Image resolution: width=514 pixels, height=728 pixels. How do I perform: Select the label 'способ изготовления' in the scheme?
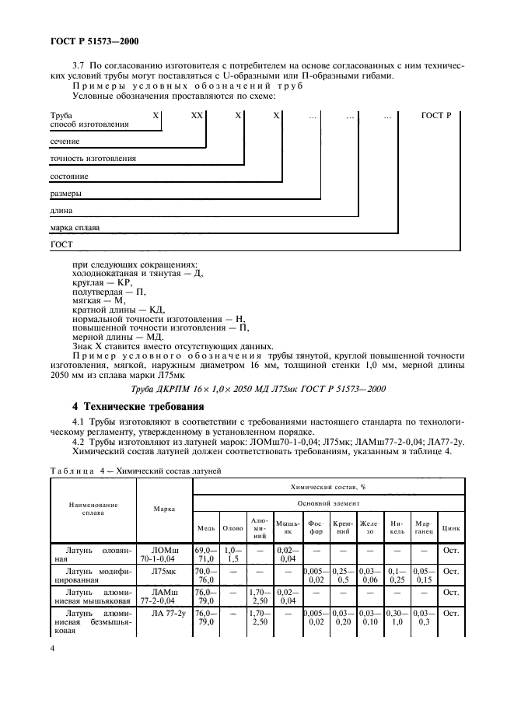click(x=89, y=124)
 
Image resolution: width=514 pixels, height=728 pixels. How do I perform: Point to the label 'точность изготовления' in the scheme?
click(x=93, y=158)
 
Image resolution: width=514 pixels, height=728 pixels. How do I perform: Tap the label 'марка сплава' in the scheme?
click(x=75, y=227)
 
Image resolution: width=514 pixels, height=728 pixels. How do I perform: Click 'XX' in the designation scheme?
click(x=197, y=115)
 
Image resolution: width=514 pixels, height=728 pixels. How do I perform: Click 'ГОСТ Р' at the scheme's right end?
click(x=436, y=115)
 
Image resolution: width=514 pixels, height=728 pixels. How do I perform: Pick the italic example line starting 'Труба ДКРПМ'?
click(x=257, y=389)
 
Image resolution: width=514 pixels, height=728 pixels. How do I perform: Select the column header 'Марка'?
click(x=164, y=509)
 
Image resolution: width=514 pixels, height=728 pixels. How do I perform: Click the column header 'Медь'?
click(x=206, y=527)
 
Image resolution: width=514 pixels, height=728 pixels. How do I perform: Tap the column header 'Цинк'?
click(x=451, y=527)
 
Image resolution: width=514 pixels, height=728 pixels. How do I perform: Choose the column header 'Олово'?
click(x=233, y=527)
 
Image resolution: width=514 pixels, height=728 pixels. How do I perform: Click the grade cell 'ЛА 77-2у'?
click(x=164, y=614)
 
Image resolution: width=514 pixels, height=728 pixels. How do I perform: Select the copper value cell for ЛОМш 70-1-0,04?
click(x=206, y=553)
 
